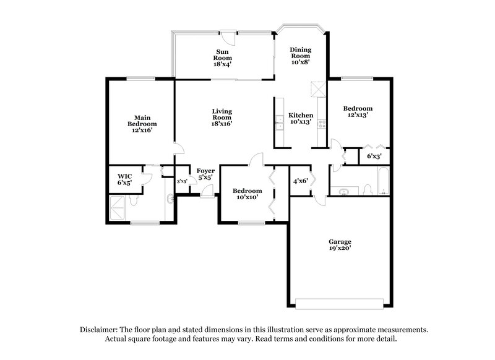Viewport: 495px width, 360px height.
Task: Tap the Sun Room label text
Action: tap(224, 58)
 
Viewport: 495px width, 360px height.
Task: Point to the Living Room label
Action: tap(222, 118)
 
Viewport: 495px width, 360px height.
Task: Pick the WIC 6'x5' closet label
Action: tap(125, 179)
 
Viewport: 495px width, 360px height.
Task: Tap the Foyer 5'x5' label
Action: tap(205, 174)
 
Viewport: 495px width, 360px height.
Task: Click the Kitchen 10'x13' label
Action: tap(301, 118)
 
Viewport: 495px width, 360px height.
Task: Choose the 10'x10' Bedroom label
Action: tap(247, 194)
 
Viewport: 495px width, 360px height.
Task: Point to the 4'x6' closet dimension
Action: tap(301, 181)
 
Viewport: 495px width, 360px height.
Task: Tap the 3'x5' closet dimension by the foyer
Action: tap(183, 181)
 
